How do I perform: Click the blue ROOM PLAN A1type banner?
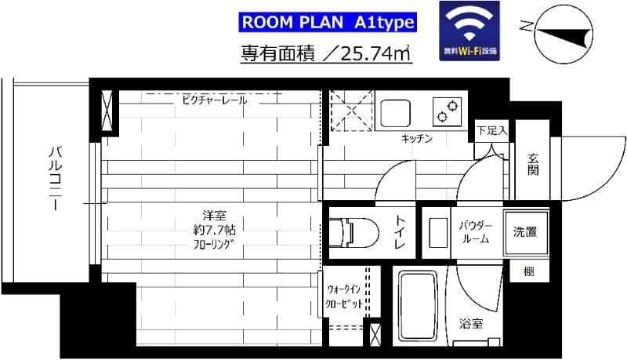coord(327,21)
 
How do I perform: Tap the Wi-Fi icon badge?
coord(469,31)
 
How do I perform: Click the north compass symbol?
coord(563,31)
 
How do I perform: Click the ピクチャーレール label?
coord(214,100)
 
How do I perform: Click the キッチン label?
coord(416,139)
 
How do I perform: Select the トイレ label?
coord(400,233)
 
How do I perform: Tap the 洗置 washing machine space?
coord(525,231)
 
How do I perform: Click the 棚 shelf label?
coord(529,272)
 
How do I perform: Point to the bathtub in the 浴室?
coord(419,309)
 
